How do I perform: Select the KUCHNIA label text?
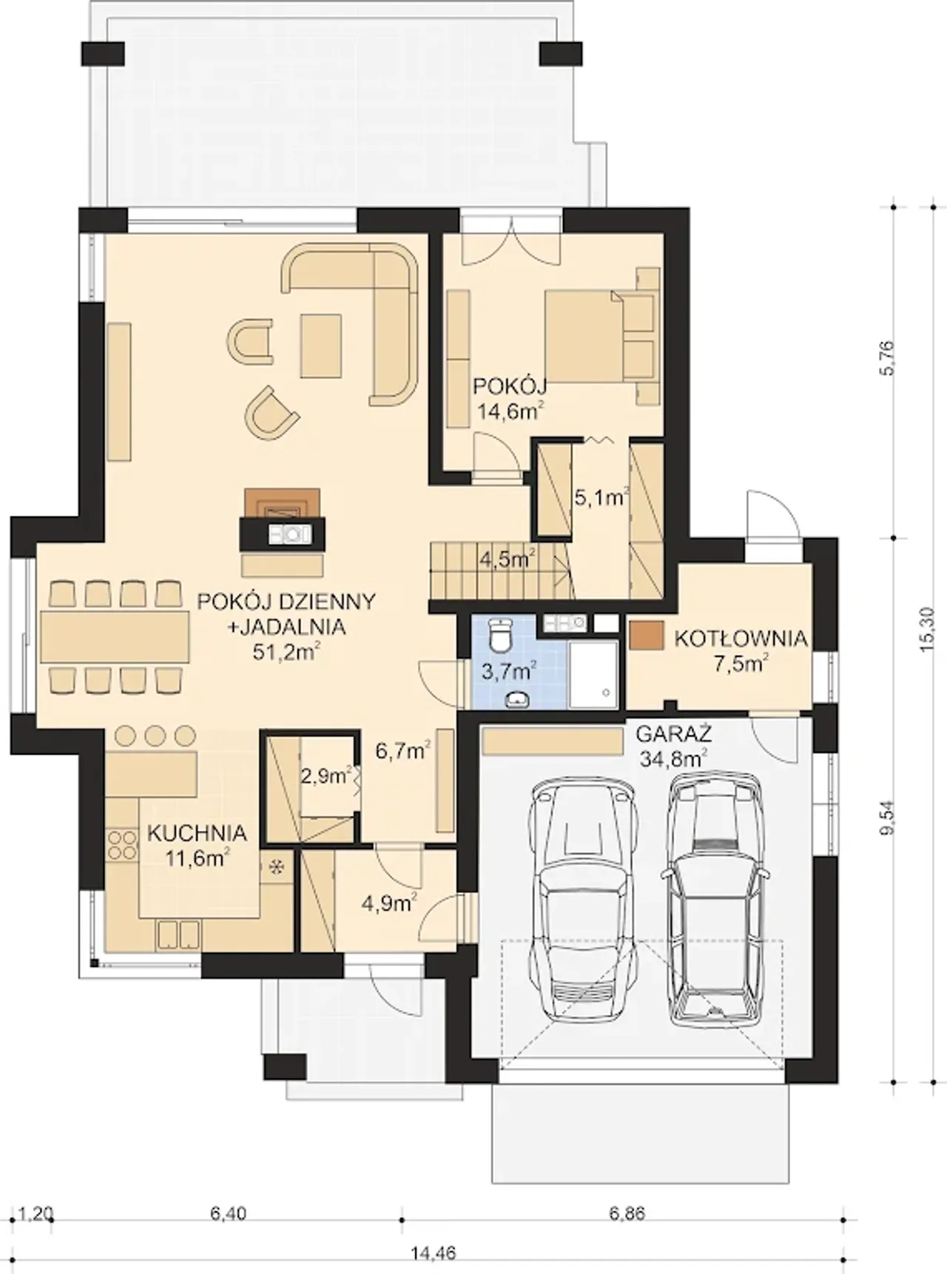click(x=197, y=833)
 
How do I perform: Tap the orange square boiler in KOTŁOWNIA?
click(x=647, y=636)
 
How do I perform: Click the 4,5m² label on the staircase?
click(x=508, y=559)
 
